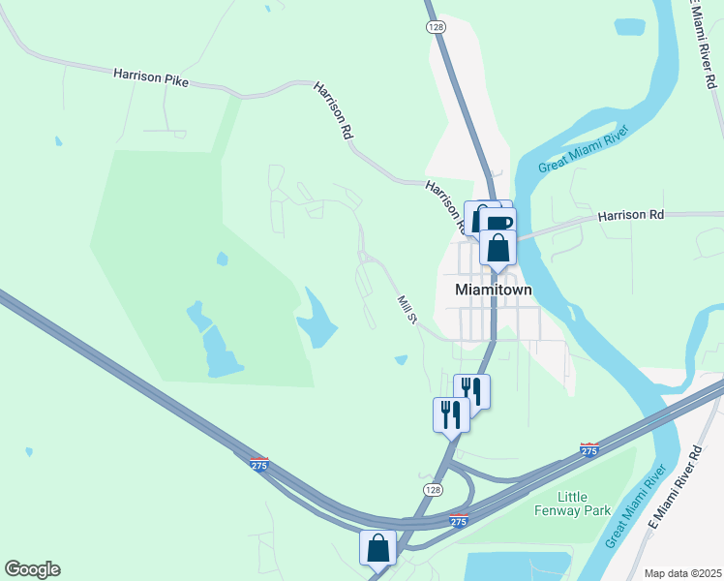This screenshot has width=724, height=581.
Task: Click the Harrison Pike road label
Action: coord(150,76)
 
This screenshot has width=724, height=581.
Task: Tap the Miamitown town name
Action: coord(495,290)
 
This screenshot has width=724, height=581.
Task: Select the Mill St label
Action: coord(407,310)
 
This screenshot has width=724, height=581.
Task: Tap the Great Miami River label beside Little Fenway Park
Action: coord(636,505)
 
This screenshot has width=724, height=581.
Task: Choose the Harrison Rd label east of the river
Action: coord(630,214)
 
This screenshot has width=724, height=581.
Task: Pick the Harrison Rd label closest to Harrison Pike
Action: coord(332,112)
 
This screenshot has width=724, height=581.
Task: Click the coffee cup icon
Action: coord(499,223)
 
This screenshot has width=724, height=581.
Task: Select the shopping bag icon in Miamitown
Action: coord(498,248)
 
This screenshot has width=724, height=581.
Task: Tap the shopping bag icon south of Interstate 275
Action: coord(378,547)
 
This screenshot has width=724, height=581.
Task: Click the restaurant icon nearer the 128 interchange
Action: coord(450,414)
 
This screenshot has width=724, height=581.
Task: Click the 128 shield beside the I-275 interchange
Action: coord(434,491)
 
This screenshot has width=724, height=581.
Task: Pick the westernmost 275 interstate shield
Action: coord(258,465)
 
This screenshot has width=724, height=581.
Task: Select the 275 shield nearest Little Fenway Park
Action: coord(588,450)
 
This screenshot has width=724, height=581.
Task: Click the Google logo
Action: coord(32,569)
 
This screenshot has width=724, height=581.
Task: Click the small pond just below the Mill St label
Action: coord(402,361)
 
